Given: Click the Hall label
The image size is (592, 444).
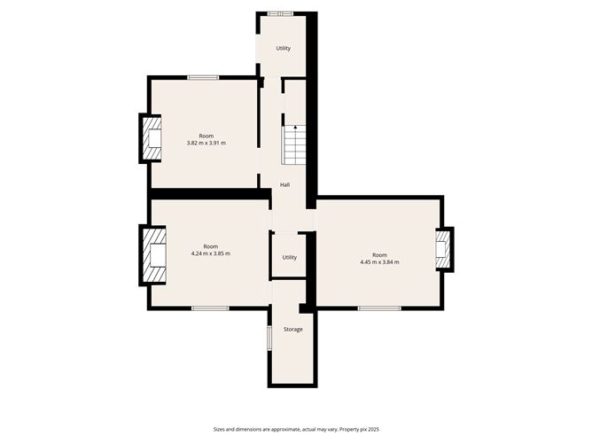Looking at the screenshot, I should (x=284, y=185).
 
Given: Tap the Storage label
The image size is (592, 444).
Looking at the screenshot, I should (x=292, y=330).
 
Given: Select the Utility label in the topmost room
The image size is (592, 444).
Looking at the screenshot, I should (x=283, y=49).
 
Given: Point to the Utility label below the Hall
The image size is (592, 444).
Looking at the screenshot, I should (x=289, y=258).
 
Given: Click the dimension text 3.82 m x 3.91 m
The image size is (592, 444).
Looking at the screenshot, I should (x=206, y=143).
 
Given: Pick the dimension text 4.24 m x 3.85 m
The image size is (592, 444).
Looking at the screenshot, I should (x=210, y=253).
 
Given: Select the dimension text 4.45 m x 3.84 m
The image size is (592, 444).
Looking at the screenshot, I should (x=379, y=262).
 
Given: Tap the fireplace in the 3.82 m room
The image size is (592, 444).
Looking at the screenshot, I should (x=152, y=138).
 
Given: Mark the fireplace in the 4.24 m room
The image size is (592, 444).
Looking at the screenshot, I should (x=155, y=255).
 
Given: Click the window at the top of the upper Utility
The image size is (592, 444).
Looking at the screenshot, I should (x=282, y=13).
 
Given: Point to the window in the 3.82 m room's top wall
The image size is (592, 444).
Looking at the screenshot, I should (x=203, y=78).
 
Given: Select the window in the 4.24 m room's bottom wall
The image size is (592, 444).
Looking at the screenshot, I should (x=210, y=308).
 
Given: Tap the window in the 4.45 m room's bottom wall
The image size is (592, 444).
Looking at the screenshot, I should (x=378, y=308).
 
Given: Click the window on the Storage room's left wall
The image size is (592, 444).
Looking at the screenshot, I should (x=269, y=339).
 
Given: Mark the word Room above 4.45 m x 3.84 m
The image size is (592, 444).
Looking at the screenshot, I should (x=379, y=255).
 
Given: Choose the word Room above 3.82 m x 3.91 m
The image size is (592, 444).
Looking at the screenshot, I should (x=206, y=136).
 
